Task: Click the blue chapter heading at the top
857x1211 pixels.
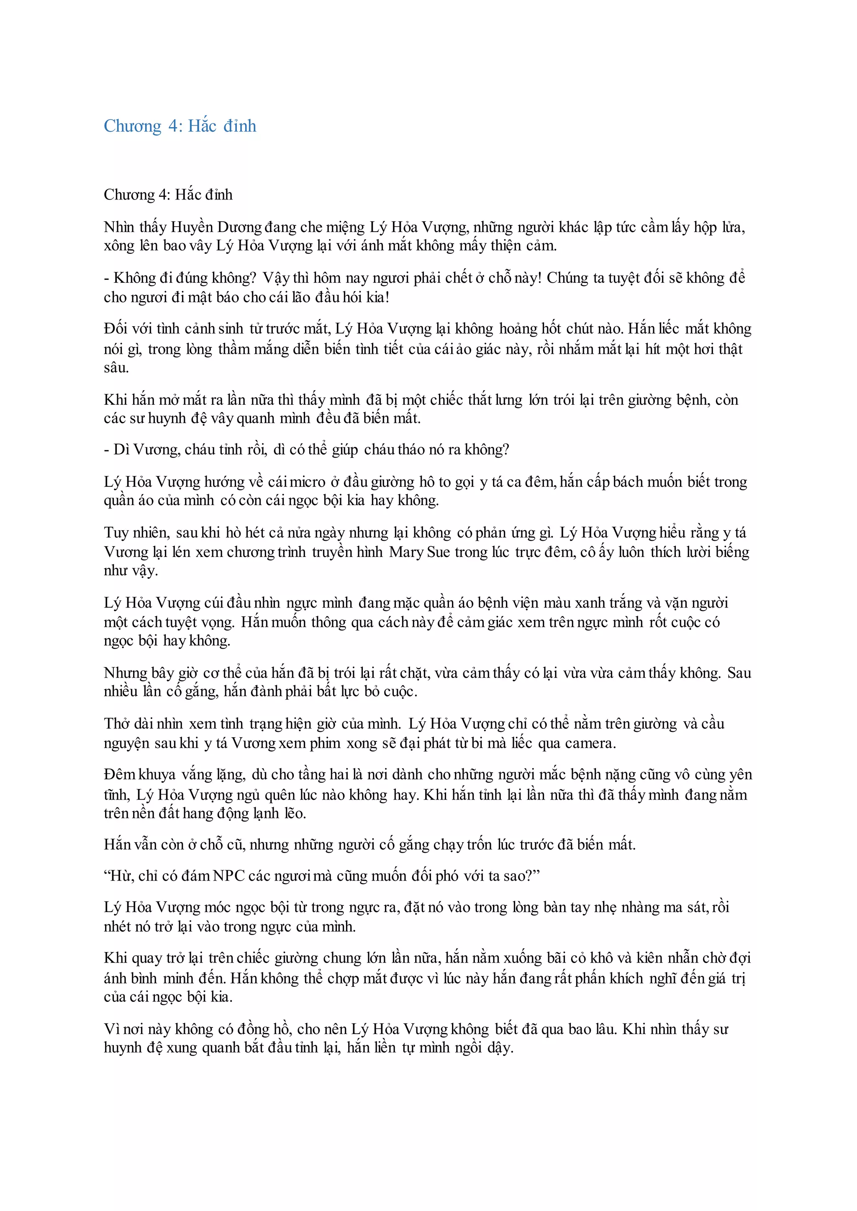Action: pyautogui.click(x=180, y=126)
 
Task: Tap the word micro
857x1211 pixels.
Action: pyautogui.click(x=308, y=482)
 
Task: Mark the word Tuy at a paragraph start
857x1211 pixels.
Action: pyautogui.click(x=115, y=532)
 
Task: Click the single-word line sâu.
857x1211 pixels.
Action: pyautogui.click(x=116, y=368)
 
